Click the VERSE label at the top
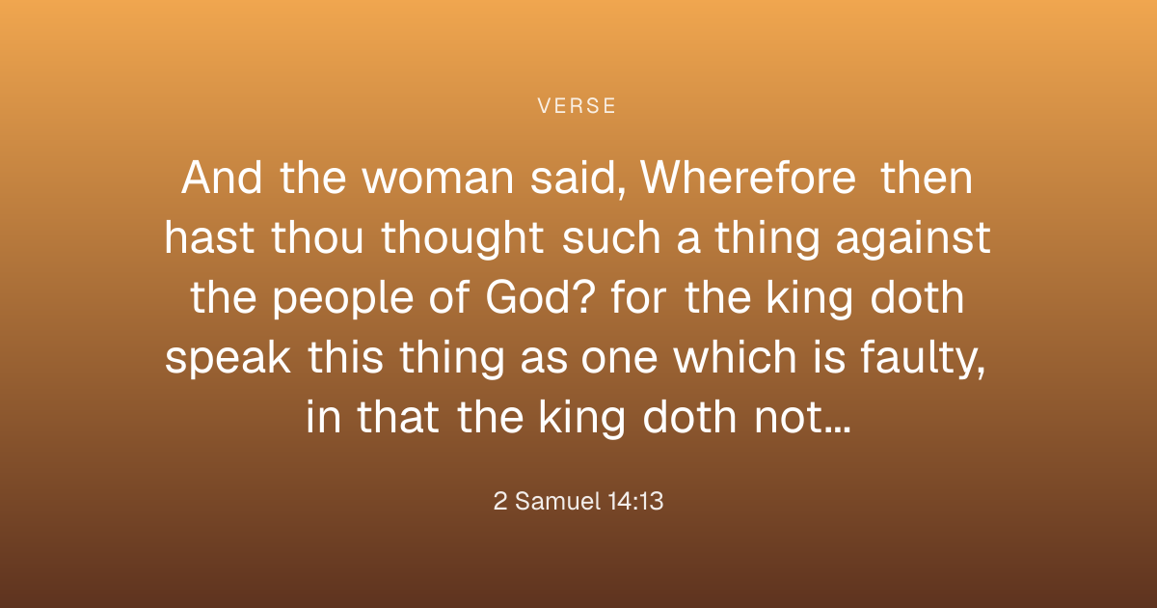tap(577, 106)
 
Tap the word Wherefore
tap(748, 178)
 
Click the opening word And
tap(222, 178)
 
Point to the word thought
tap(462, 237)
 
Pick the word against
tap(913, 237)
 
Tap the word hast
tap(209, 237)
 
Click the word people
tap(343, 298)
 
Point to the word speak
tap(228, 358)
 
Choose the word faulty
tap(923, 358)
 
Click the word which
tap(735, 357)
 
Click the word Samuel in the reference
tap(558, 501)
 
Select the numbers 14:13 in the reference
tap(635, 501)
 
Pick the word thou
tap(317, 237)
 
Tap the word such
tap(611, 237)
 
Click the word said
tap(578, 179)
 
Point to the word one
tap(619, 360)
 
